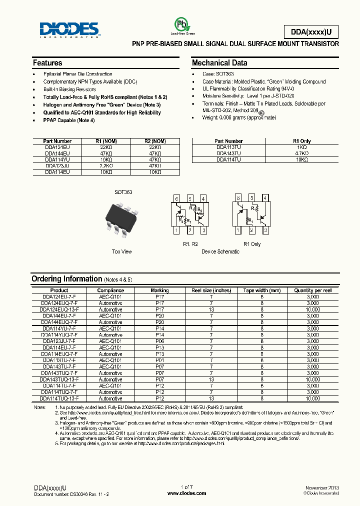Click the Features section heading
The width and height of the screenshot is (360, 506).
[x=47, y=63]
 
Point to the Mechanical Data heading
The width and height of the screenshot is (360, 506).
[x=219, y=63]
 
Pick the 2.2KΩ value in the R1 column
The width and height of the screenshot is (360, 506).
[x=105, y=165]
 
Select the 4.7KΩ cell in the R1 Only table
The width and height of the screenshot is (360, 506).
[x=301, y=153]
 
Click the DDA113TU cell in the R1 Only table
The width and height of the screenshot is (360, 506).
[x=228, y=147]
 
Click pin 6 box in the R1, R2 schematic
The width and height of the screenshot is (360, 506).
[x=177, y=199]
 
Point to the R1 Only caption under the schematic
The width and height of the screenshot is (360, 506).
[x=252, y=244]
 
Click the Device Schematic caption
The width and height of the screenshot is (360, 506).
[x=220, y=251]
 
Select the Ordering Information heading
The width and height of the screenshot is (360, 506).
[x=66, y=279]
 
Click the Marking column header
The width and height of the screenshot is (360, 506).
[x=159, y=290]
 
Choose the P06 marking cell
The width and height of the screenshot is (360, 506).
[x=159, y=341]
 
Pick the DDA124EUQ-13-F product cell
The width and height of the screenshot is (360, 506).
[x=59, y=309]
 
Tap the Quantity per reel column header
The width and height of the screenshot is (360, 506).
[x=313, y=290]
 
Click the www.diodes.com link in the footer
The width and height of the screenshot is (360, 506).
[x=186, y=493]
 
